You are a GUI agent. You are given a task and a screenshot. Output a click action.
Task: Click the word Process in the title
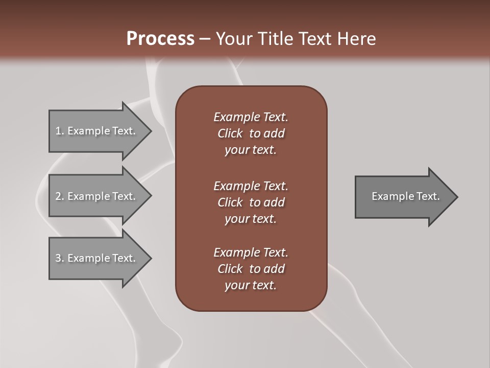click(x=160, y=38)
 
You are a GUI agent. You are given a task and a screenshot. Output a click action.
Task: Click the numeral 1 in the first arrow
click(x=58, y=131)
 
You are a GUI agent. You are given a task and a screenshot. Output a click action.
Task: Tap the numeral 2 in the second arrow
click(x=58, y=196)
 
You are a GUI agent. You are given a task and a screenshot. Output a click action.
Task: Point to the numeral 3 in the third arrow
click(x=58, y=258)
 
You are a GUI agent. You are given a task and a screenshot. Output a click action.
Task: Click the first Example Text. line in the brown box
click(x=251, y=117)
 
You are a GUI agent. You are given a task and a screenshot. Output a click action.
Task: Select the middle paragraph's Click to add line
click(x=251, y=202)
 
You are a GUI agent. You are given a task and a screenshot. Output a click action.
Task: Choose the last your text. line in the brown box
click(x=251, y=286)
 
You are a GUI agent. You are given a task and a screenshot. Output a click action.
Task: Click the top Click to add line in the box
click(x=251, y=133)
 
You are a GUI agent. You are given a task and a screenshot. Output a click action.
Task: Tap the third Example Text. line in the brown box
click(x=251, y=252)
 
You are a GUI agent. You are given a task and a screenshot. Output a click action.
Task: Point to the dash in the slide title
click(x=205, y=39)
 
